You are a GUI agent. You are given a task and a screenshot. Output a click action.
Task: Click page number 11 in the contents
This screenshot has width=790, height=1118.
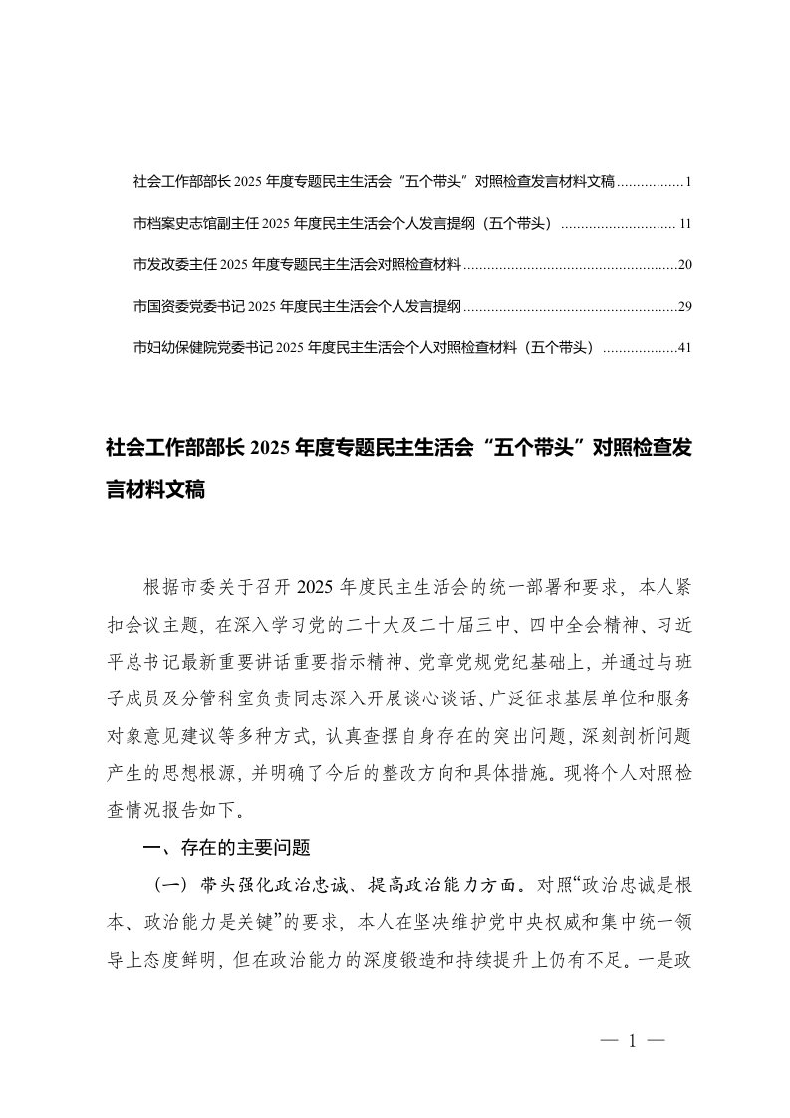(x=683, y=224)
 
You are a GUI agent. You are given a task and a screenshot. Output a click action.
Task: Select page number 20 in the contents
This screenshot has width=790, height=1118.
(x=683, y=266)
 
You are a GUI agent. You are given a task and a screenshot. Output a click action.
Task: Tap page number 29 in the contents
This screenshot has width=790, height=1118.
(x=683, y=307)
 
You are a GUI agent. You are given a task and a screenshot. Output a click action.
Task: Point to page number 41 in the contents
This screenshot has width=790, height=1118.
(x=683, y=349)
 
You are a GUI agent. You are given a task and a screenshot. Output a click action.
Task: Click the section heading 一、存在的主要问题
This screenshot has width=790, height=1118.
(x=228, y=849)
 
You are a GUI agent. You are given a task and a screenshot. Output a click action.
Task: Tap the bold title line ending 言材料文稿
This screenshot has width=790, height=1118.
(x=154, y=490)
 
